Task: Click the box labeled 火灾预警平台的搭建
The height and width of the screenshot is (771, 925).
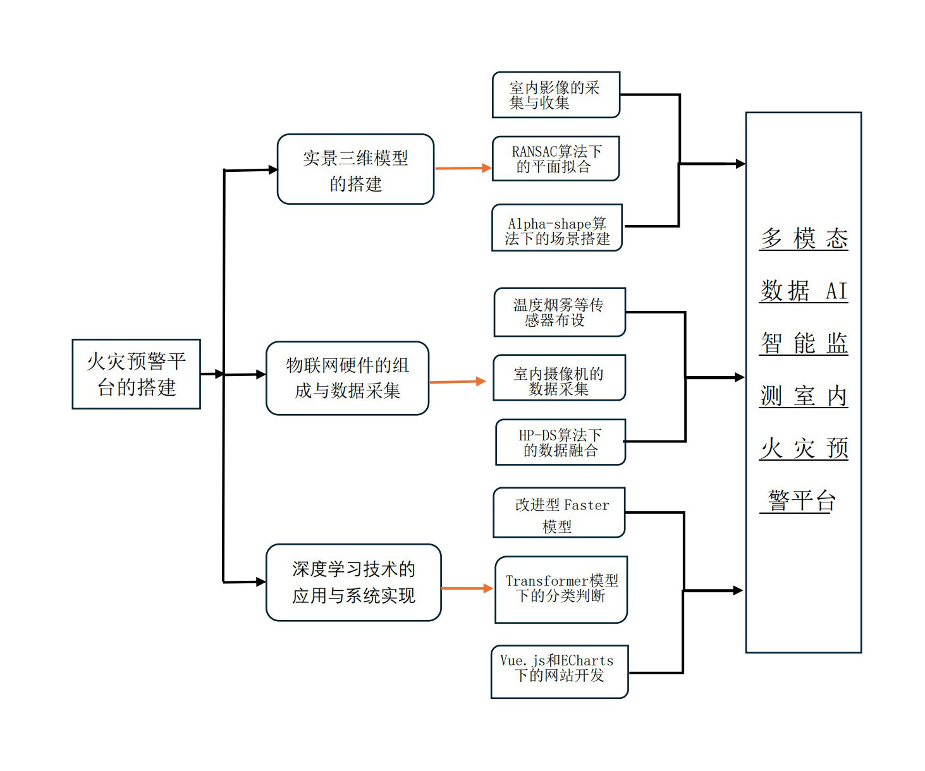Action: [x=136, y=374]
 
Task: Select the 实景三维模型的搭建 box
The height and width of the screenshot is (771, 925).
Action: [x=355, y=169]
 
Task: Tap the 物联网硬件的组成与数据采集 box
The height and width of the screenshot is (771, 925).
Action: [x=347, y=378]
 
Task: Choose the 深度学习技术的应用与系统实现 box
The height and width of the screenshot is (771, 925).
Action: [x=353, y=582]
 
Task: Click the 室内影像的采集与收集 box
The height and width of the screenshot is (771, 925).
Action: [x=556, y=95]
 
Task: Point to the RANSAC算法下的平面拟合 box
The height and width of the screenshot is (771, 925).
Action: [x=556, y=159]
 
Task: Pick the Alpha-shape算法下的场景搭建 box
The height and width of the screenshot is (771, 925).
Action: [x=557, y=228]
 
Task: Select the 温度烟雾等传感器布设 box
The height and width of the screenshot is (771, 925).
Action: [x=559, y=312]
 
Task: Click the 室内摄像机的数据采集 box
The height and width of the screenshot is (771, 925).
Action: [x=559, y=378]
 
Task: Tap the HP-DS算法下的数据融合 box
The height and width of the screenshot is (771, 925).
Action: [x=560, y=442]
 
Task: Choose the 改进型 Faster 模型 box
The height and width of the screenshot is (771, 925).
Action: [x=559, y=513]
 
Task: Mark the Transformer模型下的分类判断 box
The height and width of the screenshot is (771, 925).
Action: [x=561, y=589]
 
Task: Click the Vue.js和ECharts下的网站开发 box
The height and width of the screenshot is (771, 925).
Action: [x=559, y=671]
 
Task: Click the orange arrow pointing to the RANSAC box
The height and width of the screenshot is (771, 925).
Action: [x=463, y=168]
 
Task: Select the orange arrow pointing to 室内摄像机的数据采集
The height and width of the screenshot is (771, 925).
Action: [x=457, y=382]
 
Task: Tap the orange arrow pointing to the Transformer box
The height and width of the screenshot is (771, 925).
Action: [x=467, y=588]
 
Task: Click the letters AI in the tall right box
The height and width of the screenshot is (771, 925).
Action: [x=836, y=291]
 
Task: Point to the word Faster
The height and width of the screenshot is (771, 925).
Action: [x=586, y=505]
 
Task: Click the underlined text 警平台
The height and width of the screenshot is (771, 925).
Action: [x=801, y=501]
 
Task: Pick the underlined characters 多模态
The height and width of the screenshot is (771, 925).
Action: [x=804, y=239]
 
